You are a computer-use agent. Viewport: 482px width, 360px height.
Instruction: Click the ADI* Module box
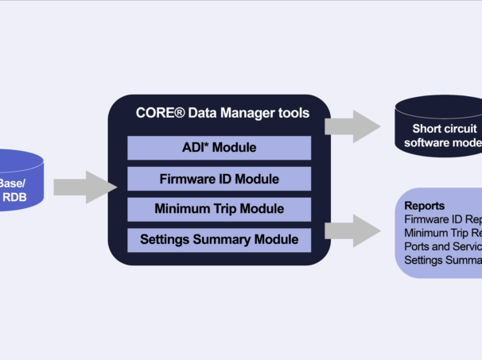[219, 148]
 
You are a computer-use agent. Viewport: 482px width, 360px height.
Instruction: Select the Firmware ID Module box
[219, 179]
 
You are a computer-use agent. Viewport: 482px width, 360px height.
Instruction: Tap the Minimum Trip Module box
[219, 210]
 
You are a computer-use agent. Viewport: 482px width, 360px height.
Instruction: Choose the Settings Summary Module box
[219, 239]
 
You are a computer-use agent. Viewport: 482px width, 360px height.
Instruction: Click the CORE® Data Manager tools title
[222, 113]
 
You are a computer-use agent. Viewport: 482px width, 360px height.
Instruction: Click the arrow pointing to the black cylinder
[355, 126]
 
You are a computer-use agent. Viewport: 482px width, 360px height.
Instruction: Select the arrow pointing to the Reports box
[355, 230]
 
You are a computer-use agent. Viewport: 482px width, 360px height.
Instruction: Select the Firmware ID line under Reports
[441, 219]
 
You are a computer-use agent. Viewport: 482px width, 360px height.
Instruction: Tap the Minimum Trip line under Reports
[441, 232]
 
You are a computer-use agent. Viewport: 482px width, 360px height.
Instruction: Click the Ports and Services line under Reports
[441, 246]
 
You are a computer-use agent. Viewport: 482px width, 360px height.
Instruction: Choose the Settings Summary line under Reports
[441, 259]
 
